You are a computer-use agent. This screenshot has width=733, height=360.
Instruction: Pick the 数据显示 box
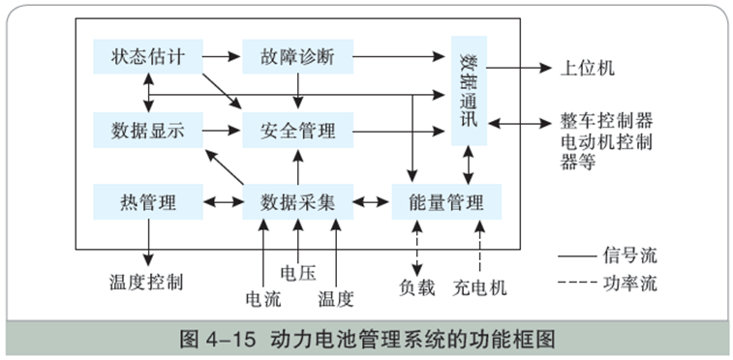coord(147,129)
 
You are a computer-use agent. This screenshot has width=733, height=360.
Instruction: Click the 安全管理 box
coord(297,129)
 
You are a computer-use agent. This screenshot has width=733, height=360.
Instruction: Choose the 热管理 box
coord(147,202)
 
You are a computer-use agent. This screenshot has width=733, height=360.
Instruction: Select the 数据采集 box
coord(297,202)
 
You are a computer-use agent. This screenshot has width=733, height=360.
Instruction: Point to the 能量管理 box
coord(447,202)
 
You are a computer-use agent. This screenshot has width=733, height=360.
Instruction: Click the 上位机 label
coord(588,69)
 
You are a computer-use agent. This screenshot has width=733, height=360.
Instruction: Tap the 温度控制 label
coord(146,283)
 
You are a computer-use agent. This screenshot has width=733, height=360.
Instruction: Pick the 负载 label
coord(417,287)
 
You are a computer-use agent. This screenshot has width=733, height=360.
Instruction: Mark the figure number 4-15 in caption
coord(225,340)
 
